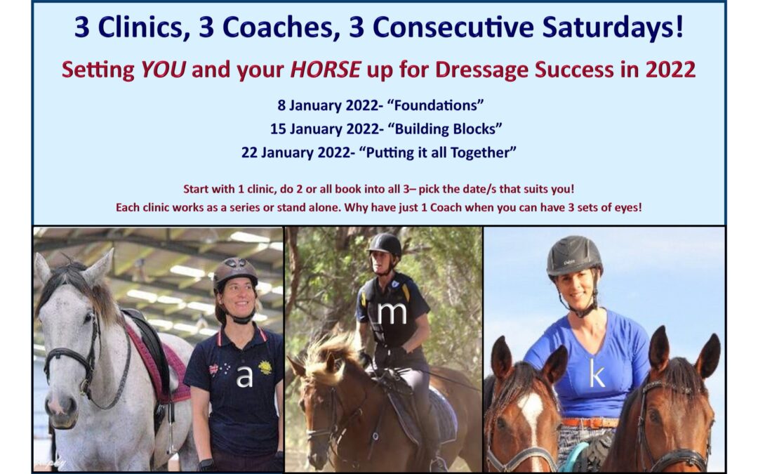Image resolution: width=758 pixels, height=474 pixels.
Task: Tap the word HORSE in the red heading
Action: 325,70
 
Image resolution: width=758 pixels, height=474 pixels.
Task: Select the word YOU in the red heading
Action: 163,70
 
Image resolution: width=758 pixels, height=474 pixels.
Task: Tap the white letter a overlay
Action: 244,377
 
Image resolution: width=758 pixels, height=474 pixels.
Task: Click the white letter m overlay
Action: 392,312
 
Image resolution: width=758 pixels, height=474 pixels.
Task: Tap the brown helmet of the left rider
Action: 235,273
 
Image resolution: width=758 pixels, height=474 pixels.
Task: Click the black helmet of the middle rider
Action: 385,245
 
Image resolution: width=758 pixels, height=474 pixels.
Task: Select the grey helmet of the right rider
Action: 574,256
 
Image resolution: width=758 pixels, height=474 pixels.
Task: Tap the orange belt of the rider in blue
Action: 591,423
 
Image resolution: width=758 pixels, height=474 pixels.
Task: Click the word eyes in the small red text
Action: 626,208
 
